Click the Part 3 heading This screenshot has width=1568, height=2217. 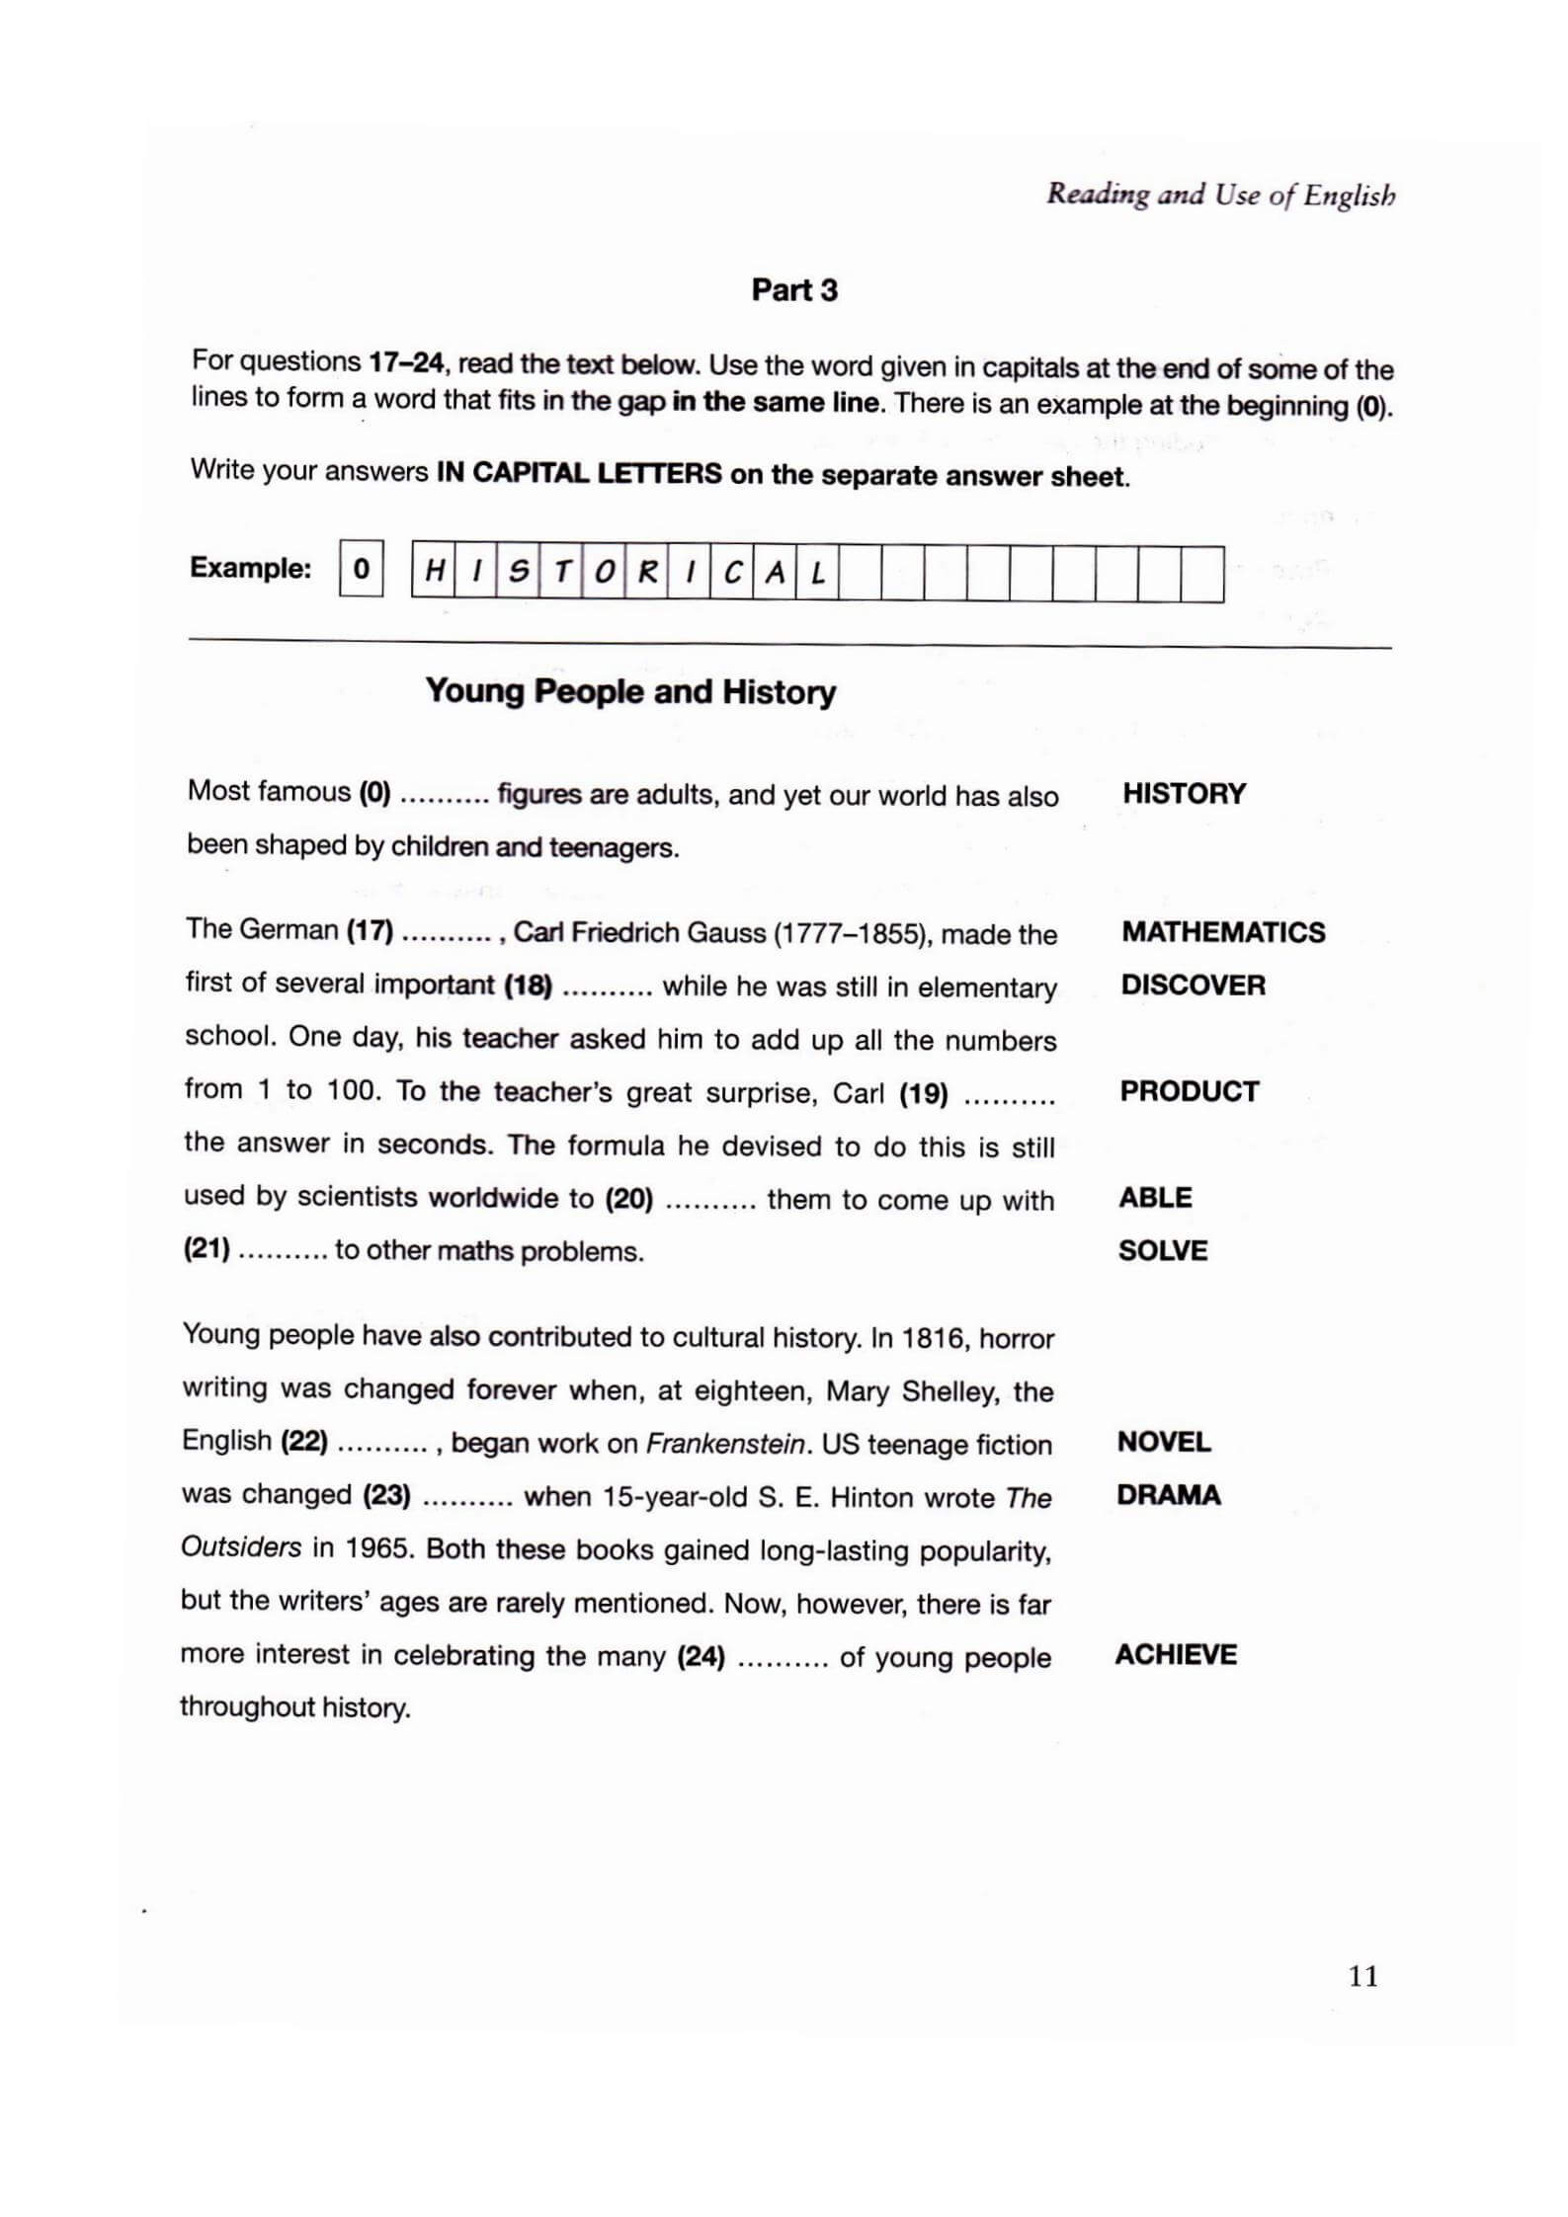click(793, 289)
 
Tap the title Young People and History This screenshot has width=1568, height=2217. click(630, 691)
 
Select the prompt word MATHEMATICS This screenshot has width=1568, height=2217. click(1222, 932)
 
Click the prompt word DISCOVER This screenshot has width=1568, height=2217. click(1193, 986)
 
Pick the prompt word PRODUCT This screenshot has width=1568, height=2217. click(1189, 1091)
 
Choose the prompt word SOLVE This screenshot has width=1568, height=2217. click(1162, 1251)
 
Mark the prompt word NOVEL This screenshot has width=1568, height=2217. click(1163, 1442)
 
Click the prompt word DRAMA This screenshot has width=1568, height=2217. click(1168, 1495)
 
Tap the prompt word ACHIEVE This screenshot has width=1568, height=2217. click(1175, 1655)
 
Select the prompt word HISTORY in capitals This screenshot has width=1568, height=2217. click(1184, 794)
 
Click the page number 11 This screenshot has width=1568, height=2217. click(1362, 1976)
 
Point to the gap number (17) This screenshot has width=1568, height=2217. click(370, 930)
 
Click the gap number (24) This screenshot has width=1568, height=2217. click(701, 1656)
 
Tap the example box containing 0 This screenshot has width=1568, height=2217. click(361, 569)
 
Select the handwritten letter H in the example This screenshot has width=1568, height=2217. click(433, 572)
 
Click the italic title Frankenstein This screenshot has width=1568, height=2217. click(725, 1444)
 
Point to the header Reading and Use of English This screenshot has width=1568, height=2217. click(1220, 195)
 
